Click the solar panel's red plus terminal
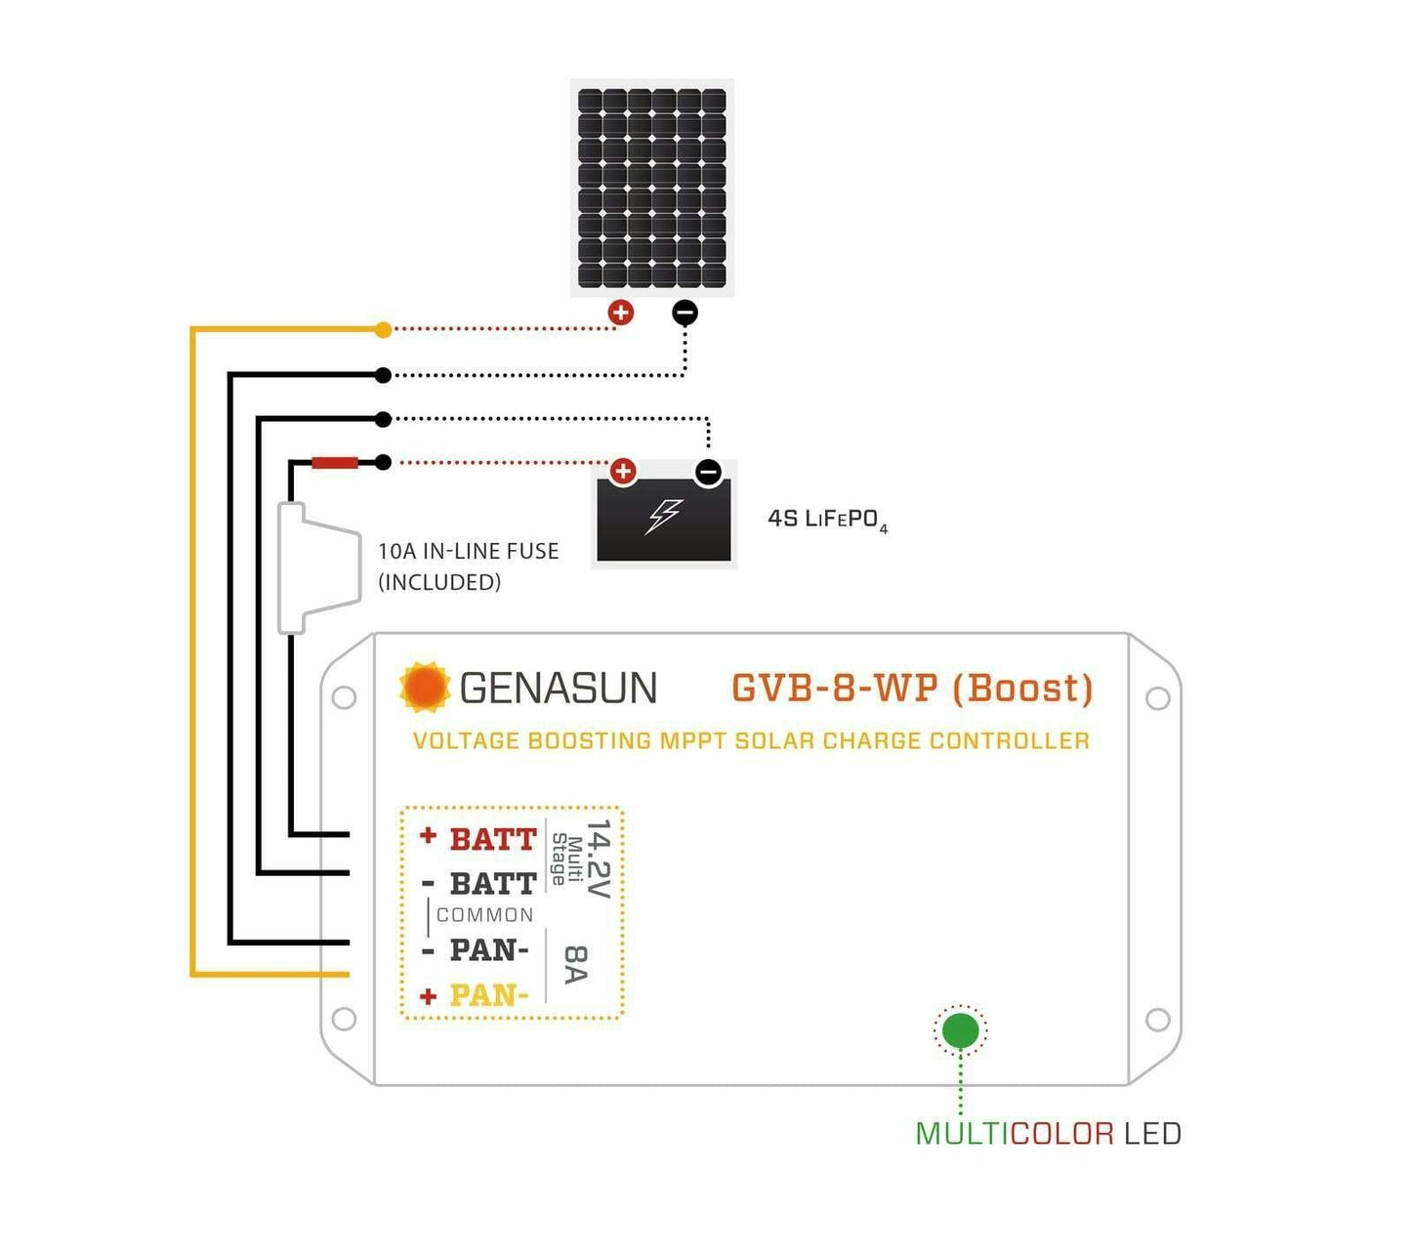pos(621,313)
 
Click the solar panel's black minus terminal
pos(685,313)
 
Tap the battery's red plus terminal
pos(623,473)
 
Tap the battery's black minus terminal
pos(708,473)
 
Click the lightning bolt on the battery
pos(664,516)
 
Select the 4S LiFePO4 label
pos(827,520)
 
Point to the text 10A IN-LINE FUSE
pos(469,551)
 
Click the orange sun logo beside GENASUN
pos(425,687)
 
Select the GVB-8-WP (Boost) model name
pos(912,689)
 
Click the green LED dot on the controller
pos(961,1030)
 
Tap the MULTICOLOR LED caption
pos(1048,1134)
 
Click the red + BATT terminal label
pos(479,838)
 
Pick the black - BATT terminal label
pos(479,883)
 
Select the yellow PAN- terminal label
pos(488,995)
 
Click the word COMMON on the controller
pos(485,915)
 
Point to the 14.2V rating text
pos(598,859)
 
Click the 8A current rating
pos(576,964)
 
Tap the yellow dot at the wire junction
pos(384,330)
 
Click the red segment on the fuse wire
pos(335,462)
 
